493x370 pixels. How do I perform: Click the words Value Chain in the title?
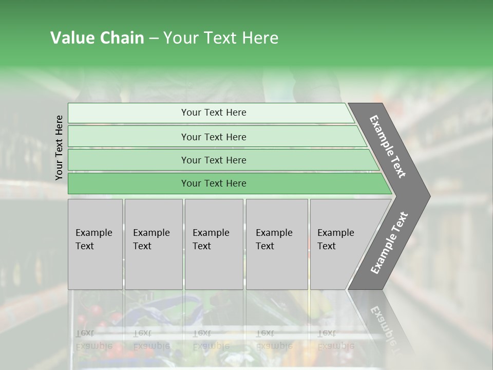(97, 38)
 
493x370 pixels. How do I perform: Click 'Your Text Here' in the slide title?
(221, 38)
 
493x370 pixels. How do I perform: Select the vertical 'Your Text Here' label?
(59, 147)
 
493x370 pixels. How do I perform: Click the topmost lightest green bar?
(213, 113)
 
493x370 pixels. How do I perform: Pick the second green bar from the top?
(213, 137)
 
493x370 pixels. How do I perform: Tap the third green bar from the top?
(213, 160)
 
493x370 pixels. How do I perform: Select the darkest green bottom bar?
(213, 183)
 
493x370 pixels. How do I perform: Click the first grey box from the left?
(95, 244)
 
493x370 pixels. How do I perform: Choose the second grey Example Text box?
(153, 244)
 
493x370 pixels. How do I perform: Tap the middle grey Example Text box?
(214, 244)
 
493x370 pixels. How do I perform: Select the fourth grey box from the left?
(277, 244)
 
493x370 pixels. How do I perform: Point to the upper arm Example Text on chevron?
(388, 146)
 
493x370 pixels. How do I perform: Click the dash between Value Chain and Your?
(154, 38)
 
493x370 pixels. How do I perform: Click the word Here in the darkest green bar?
(236, 183)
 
